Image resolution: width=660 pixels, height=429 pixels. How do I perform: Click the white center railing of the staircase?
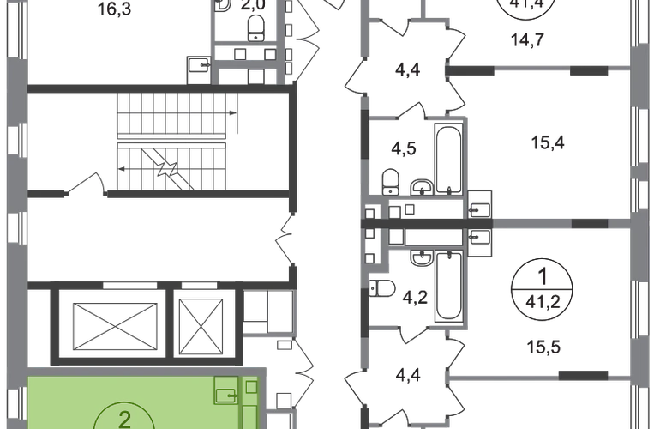pyautogui.click(x=176, y=141)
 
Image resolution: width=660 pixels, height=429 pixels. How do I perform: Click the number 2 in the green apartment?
pyautogui.click(x=124, y=419)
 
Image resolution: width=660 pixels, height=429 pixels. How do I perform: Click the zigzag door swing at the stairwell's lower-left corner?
pyautogui.click(x=86, y=183)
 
